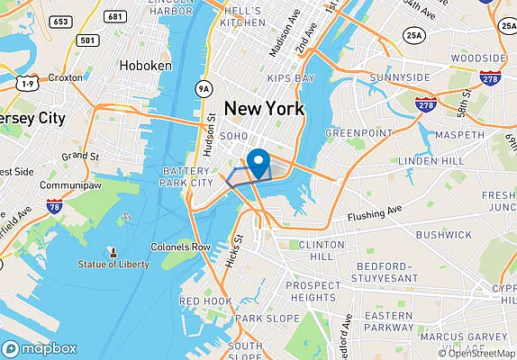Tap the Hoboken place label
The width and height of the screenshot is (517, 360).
(147, 66)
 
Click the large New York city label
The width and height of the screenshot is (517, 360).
(264, 109)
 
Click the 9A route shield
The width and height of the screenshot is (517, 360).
(204, 88)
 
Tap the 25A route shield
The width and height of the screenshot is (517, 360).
(413, 35)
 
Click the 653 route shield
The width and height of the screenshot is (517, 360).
(61, 20)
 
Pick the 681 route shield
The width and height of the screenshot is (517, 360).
(114, 16)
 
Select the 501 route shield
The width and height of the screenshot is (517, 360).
(86, 40)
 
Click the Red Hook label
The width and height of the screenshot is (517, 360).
(205, 301)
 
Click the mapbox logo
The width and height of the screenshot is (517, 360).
(40, 348)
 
